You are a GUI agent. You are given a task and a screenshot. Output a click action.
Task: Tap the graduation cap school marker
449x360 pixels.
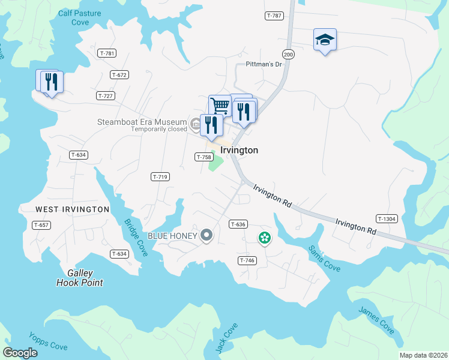pos(325,40)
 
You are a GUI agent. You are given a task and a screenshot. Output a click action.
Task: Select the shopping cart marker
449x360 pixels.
pos(220,106)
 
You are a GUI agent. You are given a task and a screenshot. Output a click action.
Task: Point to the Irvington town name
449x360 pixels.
pos(240,151)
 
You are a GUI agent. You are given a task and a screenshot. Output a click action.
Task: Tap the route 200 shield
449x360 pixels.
pos(289,55)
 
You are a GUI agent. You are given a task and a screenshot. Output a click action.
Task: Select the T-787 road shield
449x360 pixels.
pos(273,16)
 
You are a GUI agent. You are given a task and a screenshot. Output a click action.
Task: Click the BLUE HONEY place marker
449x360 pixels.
pos(206,235)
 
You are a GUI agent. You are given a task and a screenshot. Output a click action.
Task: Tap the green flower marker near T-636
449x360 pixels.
pos(264,238)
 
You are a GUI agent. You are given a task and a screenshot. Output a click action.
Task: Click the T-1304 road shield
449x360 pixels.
pos(387,219)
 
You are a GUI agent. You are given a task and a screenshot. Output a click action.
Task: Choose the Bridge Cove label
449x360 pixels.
pos(136,237)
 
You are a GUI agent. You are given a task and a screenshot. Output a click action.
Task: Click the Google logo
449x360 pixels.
pos(20,352)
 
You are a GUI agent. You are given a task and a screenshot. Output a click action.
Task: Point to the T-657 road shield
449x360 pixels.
pos(41,224)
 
